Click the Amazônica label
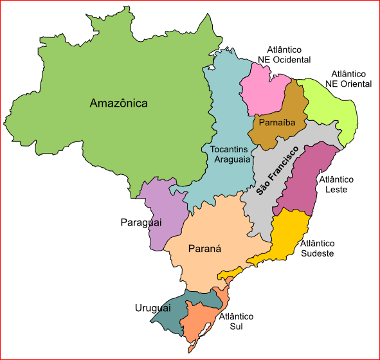119,103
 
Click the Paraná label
204,249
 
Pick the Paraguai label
140,222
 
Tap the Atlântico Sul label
236,321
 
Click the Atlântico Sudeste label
318,248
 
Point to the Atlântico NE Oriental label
348,79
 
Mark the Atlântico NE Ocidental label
284,55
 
